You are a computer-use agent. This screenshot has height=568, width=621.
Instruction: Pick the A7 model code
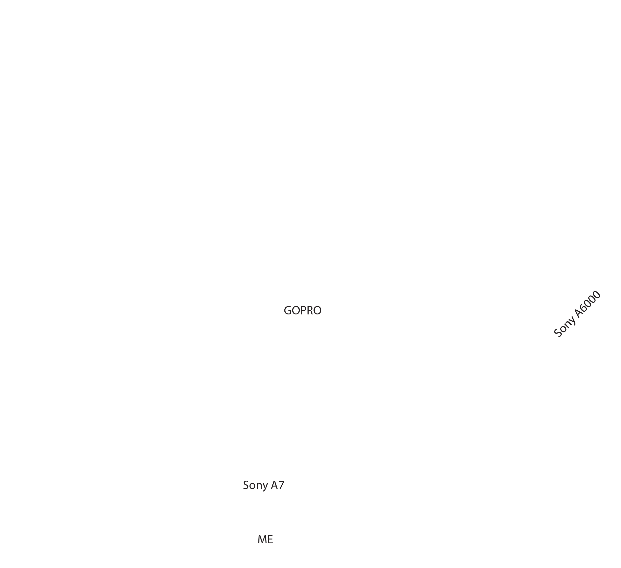click(278, 485)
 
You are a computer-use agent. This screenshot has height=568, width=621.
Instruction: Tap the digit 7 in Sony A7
click(281, 485)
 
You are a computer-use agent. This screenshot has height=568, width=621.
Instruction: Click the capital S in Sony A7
click(246, 485)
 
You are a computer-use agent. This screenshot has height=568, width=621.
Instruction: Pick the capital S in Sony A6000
click(558, 333)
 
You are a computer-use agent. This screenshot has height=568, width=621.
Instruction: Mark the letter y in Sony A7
click(265, 487)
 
